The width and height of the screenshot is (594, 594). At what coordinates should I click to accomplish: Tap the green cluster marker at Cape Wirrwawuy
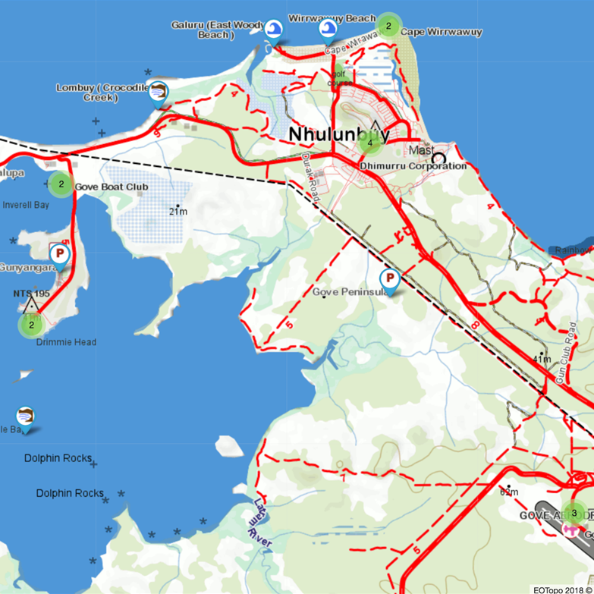tap(388, 26)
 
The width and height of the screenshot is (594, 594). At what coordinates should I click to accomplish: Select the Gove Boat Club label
tap(111, 187)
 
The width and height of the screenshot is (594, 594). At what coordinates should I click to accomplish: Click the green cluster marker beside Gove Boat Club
tap(61, 184)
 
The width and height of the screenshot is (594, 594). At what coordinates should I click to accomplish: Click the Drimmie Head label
tap(66, 342)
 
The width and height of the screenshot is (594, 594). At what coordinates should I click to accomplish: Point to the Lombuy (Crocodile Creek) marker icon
tap(159, 93)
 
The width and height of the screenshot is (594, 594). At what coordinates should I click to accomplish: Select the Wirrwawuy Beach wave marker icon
tap(328, 29)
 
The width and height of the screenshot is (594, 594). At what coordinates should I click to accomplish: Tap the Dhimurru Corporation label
tap(413, 166)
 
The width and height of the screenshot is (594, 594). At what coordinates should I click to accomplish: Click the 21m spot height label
tap(178, 212)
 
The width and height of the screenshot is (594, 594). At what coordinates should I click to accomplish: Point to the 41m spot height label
tap(542, 359)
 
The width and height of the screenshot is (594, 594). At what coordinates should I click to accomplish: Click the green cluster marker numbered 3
tap(574, 513)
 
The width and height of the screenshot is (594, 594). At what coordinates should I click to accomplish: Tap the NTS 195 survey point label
tap(31, 293)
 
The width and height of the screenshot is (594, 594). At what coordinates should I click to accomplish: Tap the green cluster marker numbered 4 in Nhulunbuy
tap(369, 142)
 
